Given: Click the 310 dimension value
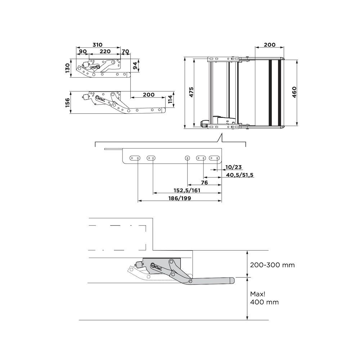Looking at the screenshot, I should tap(97, 45).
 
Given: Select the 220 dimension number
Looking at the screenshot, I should tap(105, 51).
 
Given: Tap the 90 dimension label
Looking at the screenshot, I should tap(83, 51).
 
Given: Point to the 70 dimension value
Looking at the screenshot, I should tap(125, 51).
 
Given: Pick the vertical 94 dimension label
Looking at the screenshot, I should tap(135, 65).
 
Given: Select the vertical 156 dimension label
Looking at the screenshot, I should tap(67, 103).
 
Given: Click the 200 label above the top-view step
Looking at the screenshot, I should tap(270, 45).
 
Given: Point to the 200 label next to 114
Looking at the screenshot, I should tap(148, 95).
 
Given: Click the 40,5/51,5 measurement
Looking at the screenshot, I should tap(240, 175).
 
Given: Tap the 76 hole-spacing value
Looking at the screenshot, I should tap(204, 183).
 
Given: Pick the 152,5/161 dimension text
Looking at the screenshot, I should tap(187, 190).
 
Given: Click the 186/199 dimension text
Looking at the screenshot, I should tap(180, 198).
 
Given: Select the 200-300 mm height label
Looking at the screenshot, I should tap(272, 265).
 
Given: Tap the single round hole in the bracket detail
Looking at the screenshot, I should tap(187, 158).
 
